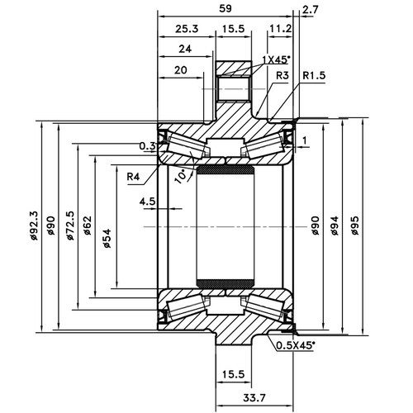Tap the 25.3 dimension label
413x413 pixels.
(186, 29)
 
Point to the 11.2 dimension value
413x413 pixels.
(279, 29)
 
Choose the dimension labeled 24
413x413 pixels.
(184, 49)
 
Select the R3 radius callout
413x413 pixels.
(282, 75)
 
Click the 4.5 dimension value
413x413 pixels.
(148, 201)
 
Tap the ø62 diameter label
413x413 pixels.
(88, 225)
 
